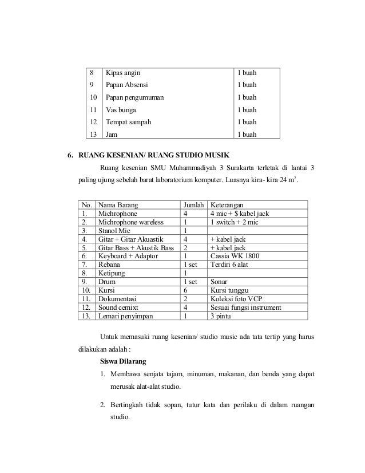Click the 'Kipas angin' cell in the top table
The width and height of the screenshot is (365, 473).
click(x=122, y=73)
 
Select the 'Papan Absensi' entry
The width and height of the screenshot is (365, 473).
click(x=126, y=85)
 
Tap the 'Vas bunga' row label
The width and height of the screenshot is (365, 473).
click(x=120, y=110)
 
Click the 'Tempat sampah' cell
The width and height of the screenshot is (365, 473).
click(x=128, y=122)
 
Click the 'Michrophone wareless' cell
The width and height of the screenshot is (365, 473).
click(x=130, y=222)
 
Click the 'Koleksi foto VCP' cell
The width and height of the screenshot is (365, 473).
click(x=236, y=298)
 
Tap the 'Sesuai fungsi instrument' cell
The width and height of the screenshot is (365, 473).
click(x=245, y=307)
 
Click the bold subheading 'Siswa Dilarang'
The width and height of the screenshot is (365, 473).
click(x=124, y=362)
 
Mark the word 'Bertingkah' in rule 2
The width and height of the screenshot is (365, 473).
click(x=128, y=406)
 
